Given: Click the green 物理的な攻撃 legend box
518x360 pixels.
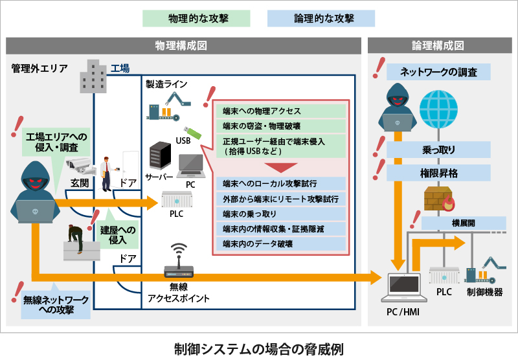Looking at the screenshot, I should coord(196,17).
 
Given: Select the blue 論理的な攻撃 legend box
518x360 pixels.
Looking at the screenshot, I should coord(321,17).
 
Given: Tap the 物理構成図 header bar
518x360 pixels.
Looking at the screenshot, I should coord(181,46).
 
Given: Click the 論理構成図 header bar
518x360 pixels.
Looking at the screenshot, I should coord(438,46).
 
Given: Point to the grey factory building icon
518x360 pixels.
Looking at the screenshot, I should coord(93,76).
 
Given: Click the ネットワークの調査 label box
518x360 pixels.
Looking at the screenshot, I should coord(438,72).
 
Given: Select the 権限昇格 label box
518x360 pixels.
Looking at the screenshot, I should coord(438,174).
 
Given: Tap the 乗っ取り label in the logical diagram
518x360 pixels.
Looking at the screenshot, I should coord(438,150).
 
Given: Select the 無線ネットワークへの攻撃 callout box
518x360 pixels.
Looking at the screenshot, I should coord(56,304).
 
